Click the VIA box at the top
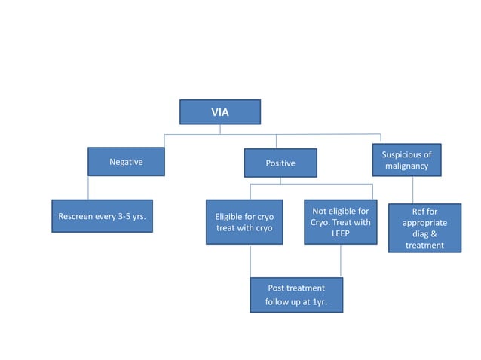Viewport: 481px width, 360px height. coord(219,112)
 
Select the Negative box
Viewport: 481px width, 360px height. coord(126,161)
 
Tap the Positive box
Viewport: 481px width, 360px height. coord(280,163)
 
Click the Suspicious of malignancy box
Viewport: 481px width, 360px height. coord(406,160)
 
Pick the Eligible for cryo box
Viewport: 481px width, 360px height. coord(244,222)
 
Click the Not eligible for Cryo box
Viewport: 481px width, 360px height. coord(340,222)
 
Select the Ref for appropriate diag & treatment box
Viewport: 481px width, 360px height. coord(424,228)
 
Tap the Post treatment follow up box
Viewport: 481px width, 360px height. coord(296,295)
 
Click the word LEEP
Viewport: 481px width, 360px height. coord(341,233)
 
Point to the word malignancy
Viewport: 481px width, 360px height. coord(406,166)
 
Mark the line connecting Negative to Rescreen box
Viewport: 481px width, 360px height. coord(88,188)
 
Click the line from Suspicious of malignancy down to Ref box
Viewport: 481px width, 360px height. coord(412,190)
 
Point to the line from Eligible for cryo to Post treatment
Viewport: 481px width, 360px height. coord(250,261)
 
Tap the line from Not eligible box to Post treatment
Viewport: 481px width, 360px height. coord(340,261)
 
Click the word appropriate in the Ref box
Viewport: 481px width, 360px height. coord(424,223)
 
